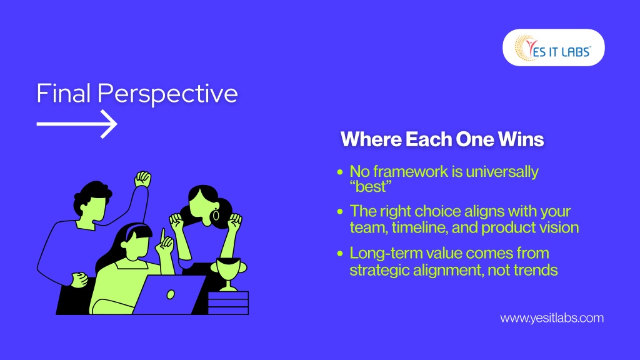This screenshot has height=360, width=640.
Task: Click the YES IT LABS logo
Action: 554,47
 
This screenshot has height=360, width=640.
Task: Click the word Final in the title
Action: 63,93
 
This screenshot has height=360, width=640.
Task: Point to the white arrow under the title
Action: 77,124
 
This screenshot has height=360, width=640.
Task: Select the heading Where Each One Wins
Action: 442,139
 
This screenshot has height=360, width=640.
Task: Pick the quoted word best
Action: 371,187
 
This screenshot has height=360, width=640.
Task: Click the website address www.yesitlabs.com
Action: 552,318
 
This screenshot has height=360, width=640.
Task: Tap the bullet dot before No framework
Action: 340,172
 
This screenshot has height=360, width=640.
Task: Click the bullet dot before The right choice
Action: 340,211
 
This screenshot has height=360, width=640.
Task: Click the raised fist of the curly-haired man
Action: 143,179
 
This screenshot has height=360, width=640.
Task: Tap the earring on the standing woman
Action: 216,215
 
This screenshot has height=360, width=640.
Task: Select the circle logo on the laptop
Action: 171,294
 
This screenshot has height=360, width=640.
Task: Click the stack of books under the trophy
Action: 228,303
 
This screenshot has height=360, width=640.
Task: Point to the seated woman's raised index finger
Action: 163,236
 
